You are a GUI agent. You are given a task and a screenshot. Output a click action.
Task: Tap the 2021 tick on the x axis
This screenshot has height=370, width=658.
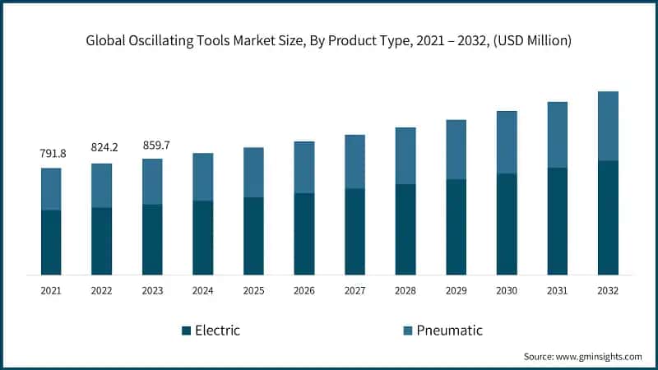[51, 290]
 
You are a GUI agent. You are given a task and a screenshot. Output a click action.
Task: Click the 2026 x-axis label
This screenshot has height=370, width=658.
[304, 290]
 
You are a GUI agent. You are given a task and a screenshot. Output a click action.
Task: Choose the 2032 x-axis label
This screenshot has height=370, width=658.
[608, 290]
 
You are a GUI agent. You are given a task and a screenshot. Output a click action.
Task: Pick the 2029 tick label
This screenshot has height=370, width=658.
[456, 290]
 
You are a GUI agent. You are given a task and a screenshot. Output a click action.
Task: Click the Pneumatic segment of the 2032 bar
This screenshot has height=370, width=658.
[608, 126]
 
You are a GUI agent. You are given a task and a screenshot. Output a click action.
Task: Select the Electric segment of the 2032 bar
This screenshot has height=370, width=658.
[608, 218]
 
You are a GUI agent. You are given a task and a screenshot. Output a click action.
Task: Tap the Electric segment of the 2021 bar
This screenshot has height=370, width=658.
[51, 243]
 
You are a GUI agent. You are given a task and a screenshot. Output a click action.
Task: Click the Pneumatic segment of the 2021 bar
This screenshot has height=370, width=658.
[51, 189]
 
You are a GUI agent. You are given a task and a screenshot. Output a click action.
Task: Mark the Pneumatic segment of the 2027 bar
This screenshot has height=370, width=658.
[354, 162]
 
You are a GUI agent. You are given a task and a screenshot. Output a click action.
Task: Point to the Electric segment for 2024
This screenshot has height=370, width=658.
[202, 238]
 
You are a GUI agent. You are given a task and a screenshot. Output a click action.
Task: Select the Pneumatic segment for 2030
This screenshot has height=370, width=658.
[507, 142]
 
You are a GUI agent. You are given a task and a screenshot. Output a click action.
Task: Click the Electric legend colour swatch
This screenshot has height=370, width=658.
[187, 331]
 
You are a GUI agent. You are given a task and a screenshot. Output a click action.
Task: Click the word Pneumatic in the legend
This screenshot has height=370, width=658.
[449, 331]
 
